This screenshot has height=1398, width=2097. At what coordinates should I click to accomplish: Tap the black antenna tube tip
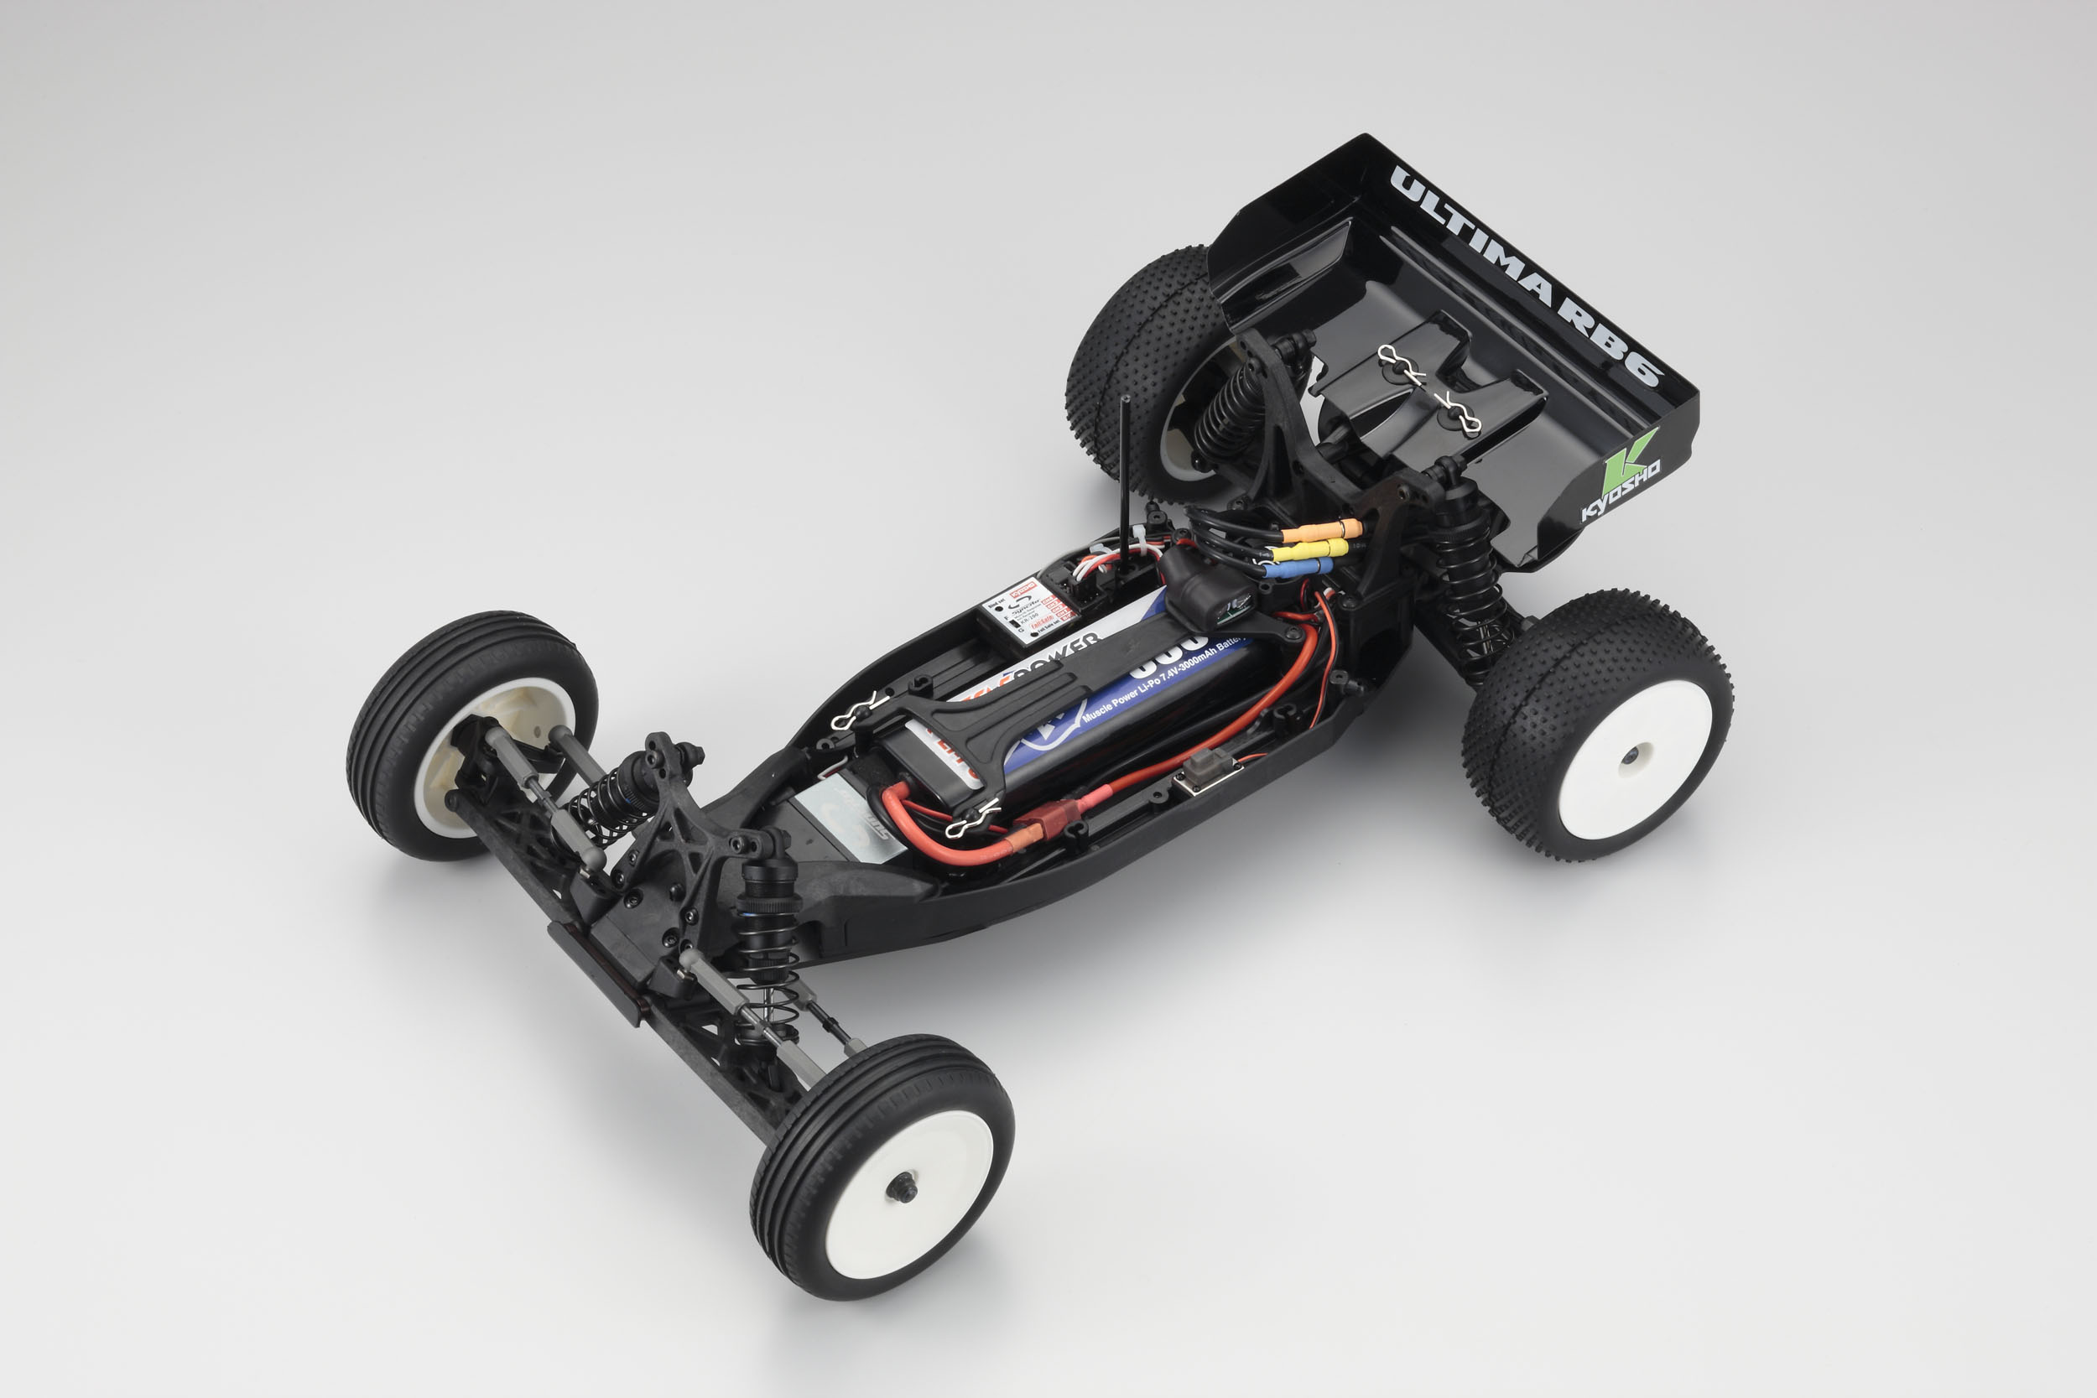1124,402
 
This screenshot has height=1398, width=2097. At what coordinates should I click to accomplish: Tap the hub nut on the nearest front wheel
901,1188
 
